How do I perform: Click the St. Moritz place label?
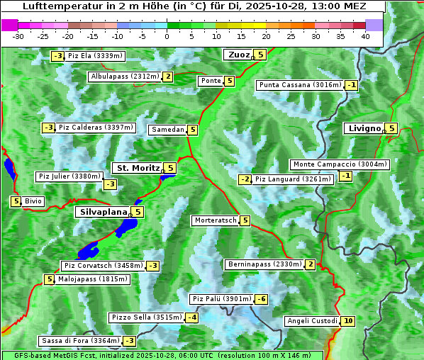(138, 168)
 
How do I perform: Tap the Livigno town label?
(364, 128)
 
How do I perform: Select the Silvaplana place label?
(103, 211)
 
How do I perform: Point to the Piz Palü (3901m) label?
(222, 299)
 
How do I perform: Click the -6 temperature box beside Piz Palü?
(261, 299)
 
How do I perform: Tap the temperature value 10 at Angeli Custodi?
(347, 321)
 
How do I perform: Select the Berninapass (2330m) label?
(264, 264)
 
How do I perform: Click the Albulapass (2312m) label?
(125, 77)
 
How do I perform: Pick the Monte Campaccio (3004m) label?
(340, 164)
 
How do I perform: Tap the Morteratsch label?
(215, 220)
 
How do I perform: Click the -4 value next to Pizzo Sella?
(192, 317)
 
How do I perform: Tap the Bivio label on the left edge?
(33, 201)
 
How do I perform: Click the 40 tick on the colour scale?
(365, 36)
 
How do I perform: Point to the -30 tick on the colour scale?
(18, 36)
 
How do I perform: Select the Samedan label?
(168, 130)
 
